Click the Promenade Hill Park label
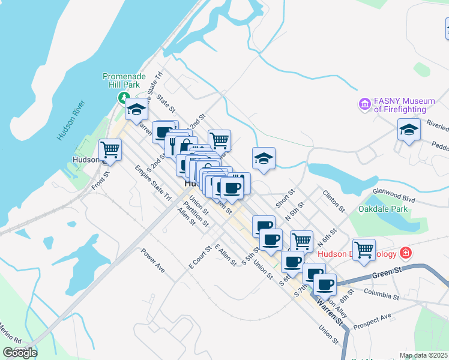[124, 81]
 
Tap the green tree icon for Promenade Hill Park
[124, 97]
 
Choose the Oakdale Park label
[382, 209]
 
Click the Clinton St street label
[334, 202]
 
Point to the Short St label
[285, 200]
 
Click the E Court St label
[200, 256]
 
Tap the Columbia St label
[382, 295]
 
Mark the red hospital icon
[406, 253]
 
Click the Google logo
[20, 353]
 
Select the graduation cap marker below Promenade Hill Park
[136, 109]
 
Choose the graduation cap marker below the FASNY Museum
[409, 130]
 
